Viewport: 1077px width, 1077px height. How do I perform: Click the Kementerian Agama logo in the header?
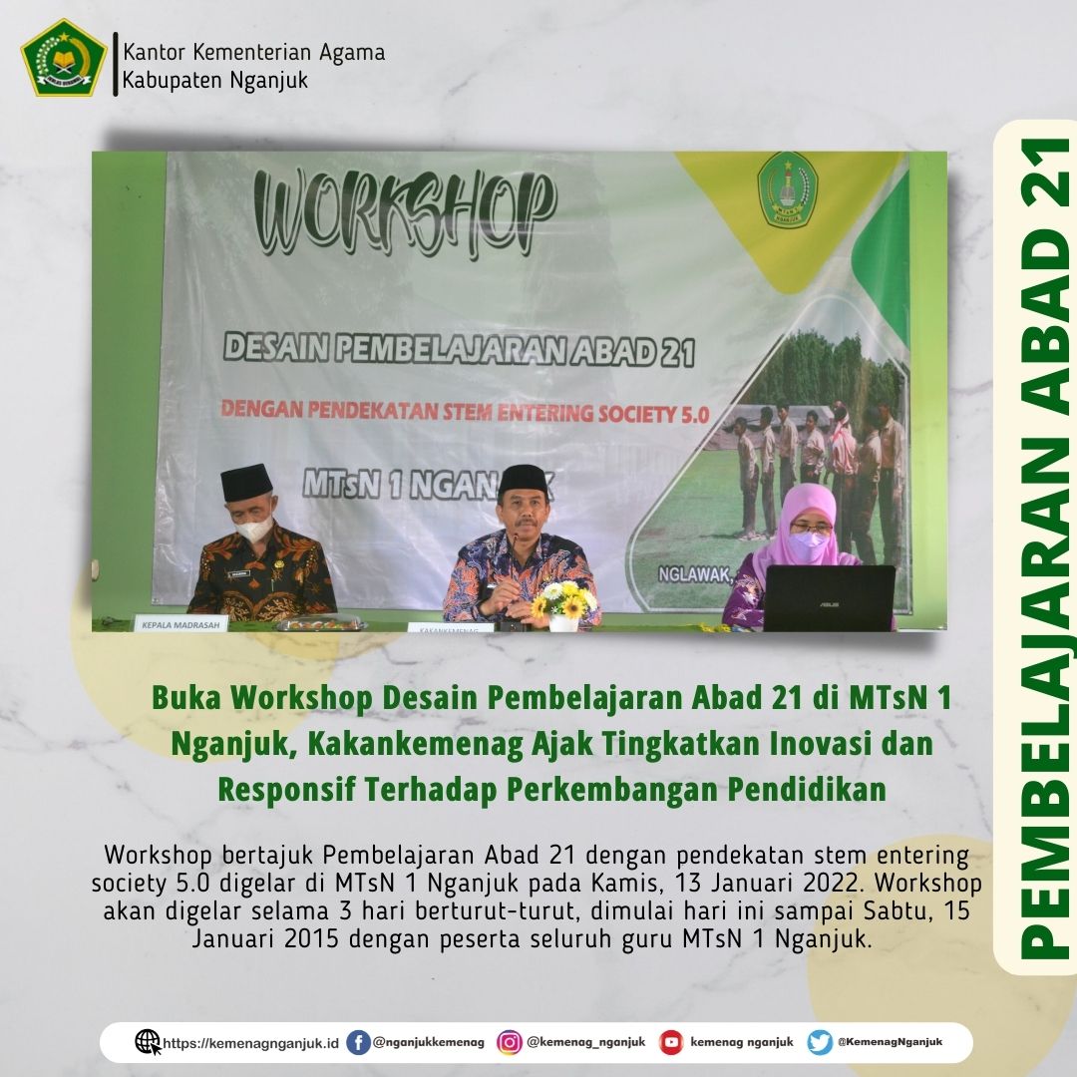pyautogui.click(x=64, y=57)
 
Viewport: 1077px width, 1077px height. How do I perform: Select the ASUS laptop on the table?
pyautogui.click(x=829, y=597)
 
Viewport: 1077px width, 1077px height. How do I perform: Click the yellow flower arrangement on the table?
pyautogui.click(x=564, y=599)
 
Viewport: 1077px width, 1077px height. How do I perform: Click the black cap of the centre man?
pyautogui.click(x=524, y=480)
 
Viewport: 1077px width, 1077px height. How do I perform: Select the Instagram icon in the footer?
pyautogui.click(x=510, y=1042)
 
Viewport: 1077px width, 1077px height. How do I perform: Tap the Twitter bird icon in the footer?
pyautogui.click(x=820, y=1042)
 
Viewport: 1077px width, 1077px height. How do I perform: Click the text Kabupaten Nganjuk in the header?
pyautogui.click(x=215, y=80)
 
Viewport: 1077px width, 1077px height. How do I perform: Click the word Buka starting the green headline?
pyautogui.click(x=186, y=699)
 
